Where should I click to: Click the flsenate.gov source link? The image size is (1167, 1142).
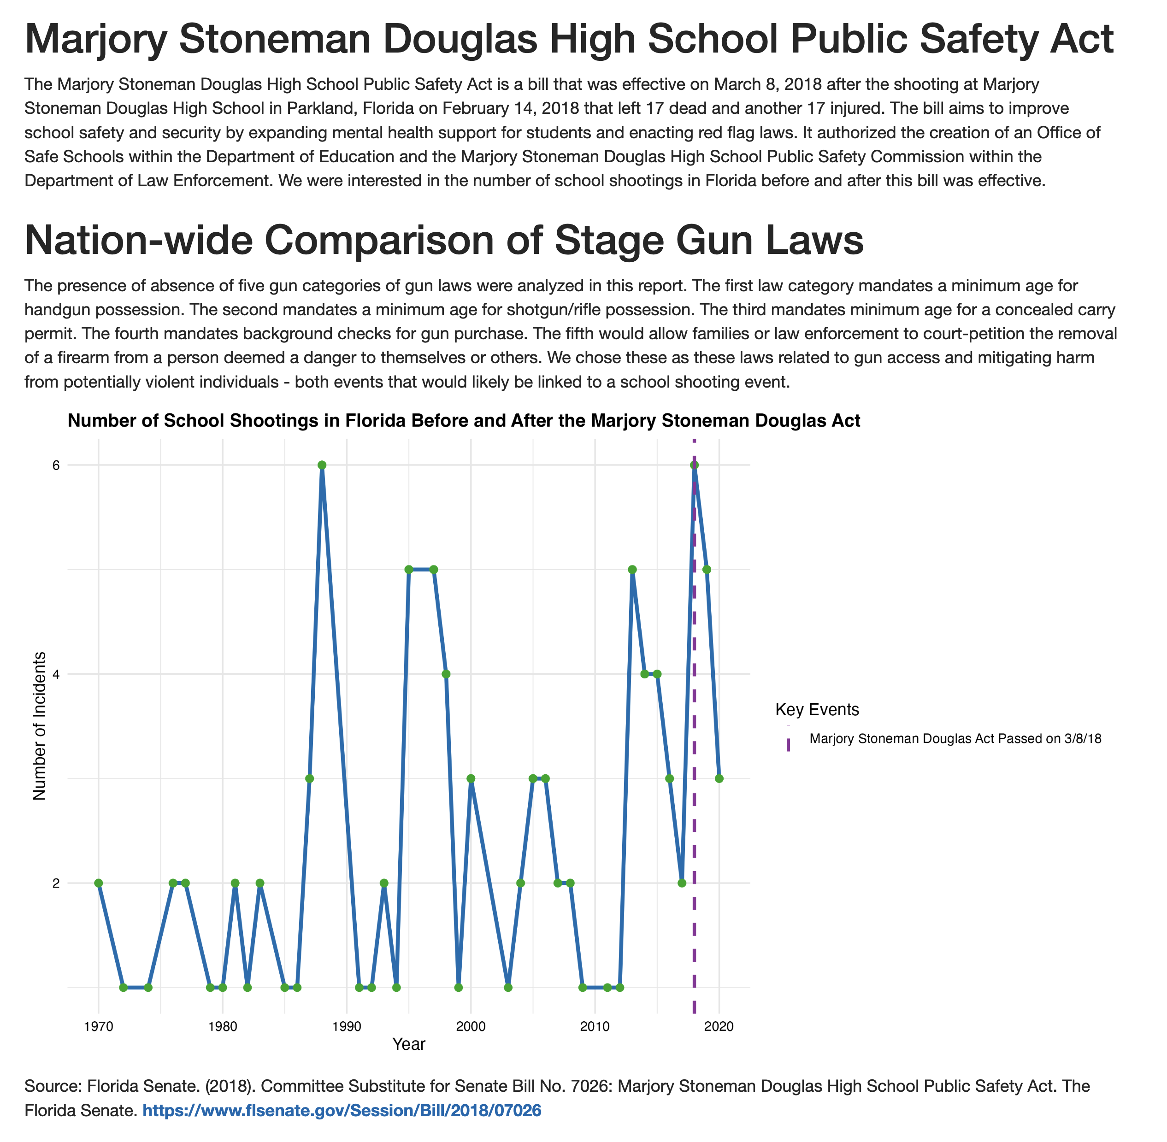click(x=342, y=1111)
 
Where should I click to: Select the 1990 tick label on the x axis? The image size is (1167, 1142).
click(x=346, y=1026)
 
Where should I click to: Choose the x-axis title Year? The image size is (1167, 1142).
click(x=408, y=1044)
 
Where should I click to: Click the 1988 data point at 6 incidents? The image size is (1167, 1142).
click(x=322, y=465)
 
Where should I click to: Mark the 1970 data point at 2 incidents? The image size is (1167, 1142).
click(x=98, y=883)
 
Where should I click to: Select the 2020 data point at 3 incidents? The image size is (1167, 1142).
click(x=719, y=778)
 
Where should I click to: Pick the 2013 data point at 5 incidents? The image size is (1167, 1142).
click(x=632, y=569)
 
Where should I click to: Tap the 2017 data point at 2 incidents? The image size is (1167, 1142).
click(x=682, y=883)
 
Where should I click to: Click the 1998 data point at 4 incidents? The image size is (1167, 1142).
click(x=446, y=674)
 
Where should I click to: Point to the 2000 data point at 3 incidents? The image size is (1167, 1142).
click(x=471, y=778)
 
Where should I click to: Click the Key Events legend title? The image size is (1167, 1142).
click(x=817, y=710)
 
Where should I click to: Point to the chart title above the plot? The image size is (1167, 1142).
click(x=464, y=420)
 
